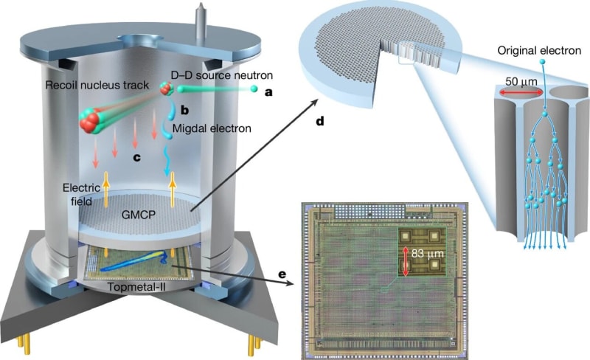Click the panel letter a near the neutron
pyautogui.click(x=269, y=93)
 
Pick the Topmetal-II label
pyautogui.click(x=139, y=285)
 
